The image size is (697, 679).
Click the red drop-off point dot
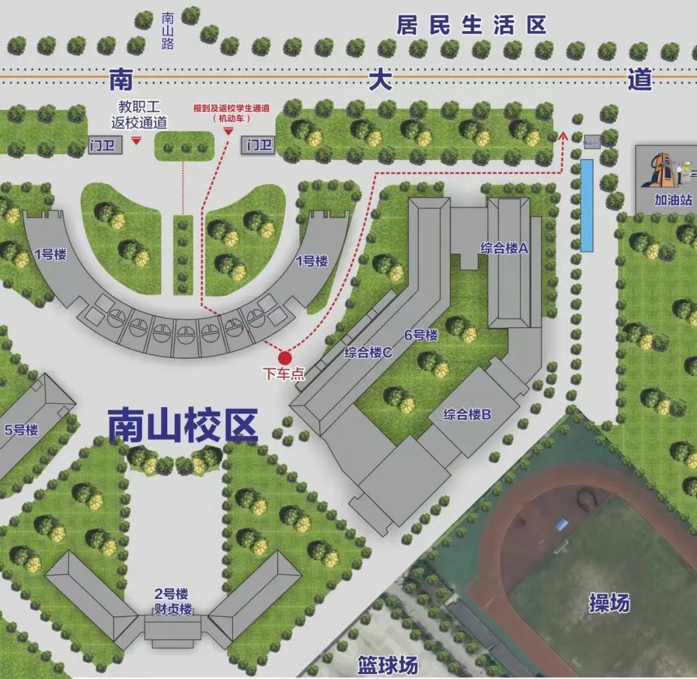pyautogui.click(x=284, y=357)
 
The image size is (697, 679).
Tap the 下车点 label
pyautogui.click(x=283, y=374)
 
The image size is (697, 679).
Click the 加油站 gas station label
pyautogui.click(x=673, y=200)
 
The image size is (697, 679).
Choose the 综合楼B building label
pyautogui.click(x=467, y=414)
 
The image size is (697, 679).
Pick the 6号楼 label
pyautogui.click(x=421, y=335)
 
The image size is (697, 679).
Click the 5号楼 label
pyautogui.click(x=21, y=430)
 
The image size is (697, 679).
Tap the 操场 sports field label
pyautogui.click(x=609, y=603)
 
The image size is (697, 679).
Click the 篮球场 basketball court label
pyautogui.click(x=387, y=665)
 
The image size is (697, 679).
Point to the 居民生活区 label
pyautogui.click(x=471, y=25)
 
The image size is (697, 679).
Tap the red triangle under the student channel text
pyautogui.click(x=228, y=131)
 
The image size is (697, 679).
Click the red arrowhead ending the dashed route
pyautogui.click(x=561, y=136)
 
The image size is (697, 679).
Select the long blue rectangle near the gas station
pyautogui.click(x=587, y=205)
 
